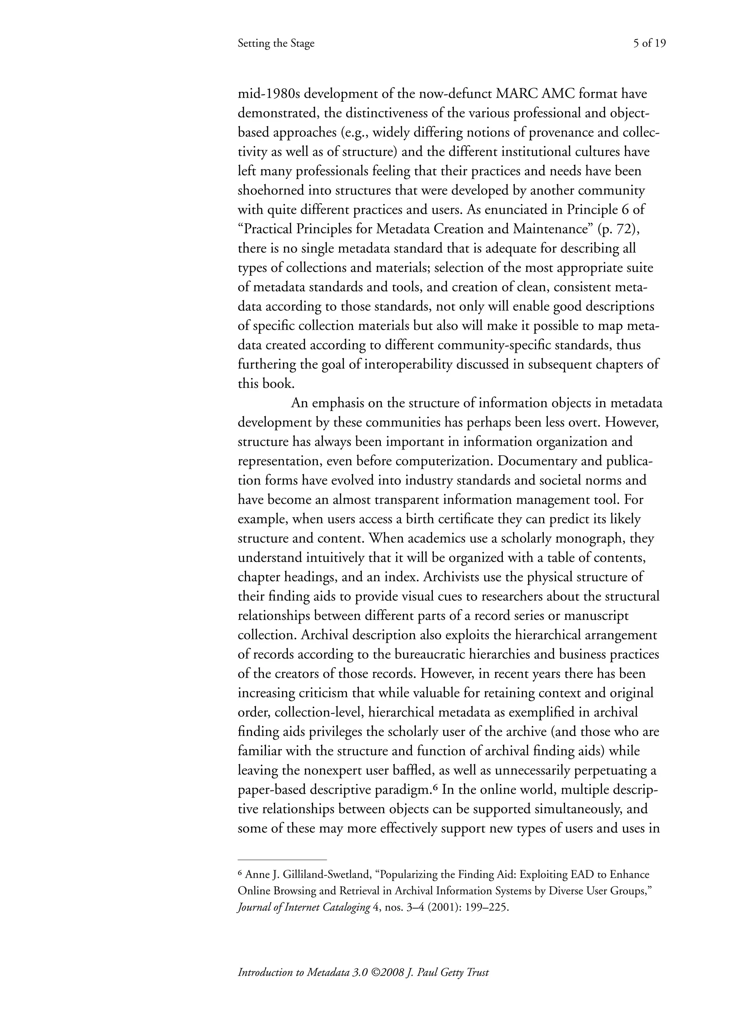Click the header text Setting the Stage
(276, 44)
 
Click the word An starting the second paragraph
(300, 403)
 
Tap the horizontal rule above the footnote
(282, 859)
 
